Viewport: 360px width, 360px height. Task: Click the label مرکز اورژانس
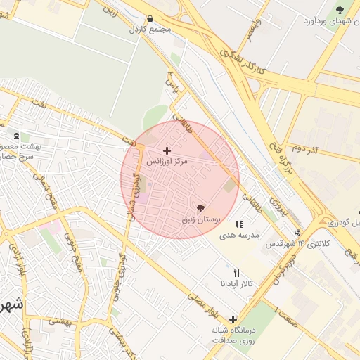pos(167,162)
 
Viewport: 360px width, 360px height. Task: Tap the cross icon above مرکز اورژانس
pos(167,150)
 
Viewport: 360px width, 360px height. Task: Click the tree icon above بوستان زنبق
pos(201,208)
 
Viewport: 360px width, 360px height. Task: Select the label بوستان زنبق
pos(201,219)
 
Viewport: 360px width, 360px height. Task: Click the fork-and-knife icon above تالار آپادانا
pos(236,273)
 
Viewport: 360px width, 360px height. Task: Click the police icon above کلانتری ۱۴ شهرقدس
pos(297,233)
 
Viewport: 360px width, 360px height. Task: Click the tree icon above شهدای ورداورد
pos(340,10)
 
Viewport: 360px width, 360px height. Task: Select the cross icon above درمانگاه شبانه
pos(233,319)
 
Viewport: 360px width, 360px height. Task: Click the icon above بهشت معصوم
pos(15,136)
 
